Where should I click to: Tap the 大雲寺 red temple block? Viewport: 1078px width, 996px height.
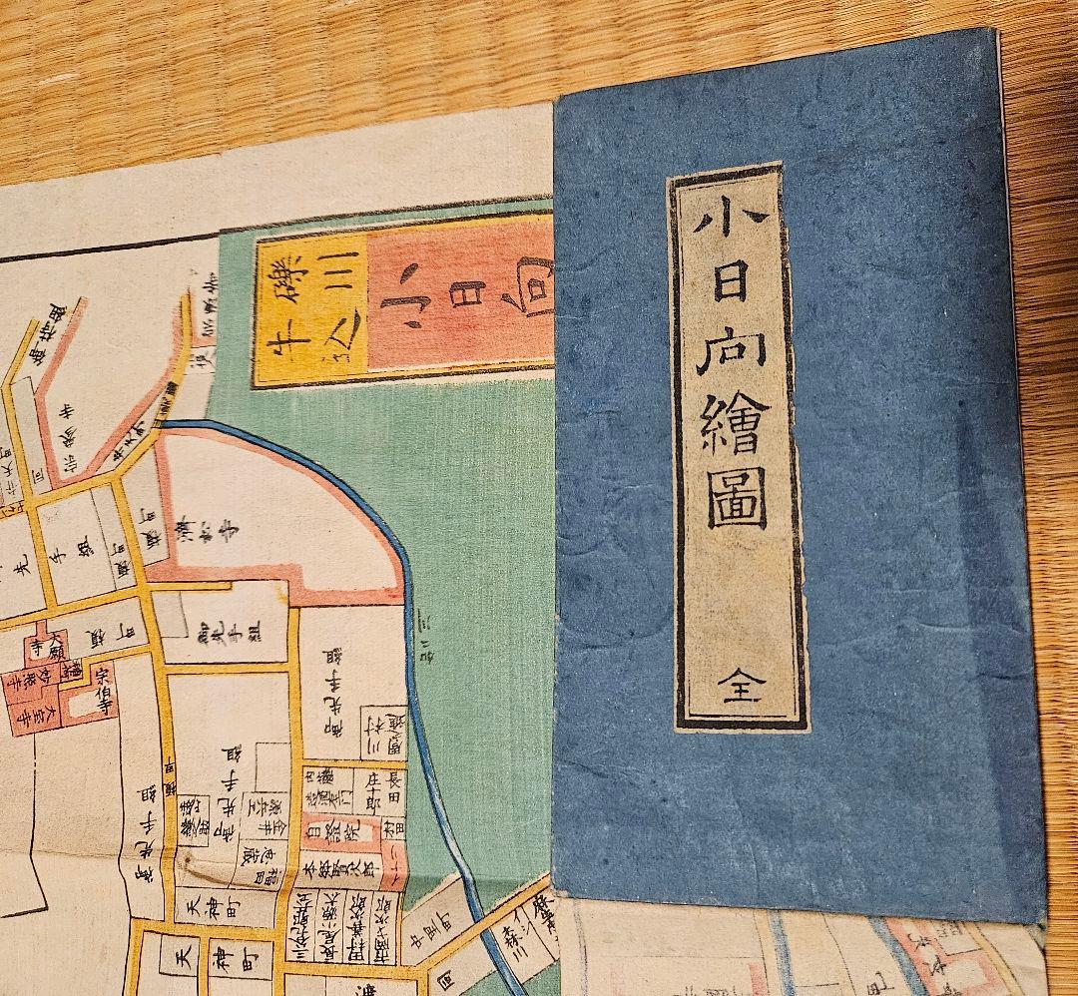pos(30,715)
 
